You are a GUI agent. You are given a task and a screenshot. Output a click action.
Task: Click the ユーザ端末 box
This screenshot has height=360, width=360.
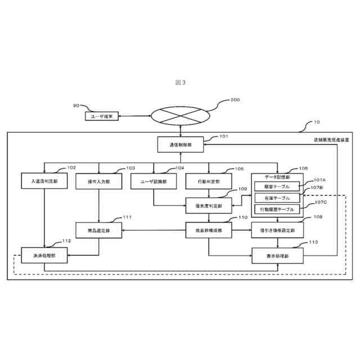[102, 116]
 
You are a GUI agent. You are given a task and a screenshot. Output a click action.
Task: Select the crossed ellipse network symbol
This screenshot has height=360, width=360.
[180, 116]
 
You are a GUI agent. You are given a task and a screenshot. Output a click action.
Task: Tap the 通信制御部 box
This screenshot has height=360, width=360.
[180, 145]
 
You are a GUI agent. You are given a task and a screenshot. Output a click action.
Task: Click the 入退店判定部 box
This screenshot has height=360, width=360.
[44, 181]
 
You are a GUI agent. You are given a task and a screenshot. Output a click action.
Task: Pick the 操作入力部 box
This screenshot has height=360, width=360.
[99, 181]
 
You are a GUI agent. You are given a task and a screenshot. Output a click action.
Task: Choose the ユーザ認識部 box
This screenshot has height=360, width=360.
[154, 181]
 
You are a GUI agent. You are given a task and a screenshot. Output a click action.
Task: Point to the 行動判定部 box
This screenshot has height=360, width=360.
[208, 181]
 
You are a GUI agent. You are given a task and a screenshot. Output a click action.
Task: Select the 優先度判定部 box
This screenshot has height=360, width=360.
[208, 206]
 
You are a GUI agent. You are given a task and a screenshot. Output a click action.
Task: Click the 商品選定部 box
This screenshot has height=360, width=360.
[99, 231]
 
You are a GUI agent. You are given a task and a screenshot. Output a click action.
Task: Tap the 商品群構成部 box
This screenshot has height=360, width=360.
[208, 231]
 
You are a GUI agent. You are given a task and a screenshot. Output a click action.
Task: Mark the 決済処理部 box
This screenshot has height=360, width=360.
[44, 255]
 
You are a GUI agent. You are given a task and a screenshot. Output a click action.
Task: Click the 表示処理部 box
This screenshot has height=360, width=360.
[277, 255]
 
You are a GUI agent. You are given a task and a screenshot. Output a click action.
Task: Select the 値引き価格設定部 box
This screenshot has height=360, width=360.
[277, 231]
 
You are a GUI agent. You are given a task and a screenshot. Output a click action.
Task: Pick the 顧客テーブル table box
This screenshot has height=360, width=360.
[277, 187]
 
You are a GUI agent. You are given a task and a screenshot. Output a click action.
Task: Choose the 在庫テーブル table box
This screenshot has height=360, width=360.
[277, 198]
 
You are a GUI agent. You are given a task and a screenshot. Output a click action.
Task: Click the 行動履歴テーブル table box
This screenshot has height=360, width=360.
[277, 209]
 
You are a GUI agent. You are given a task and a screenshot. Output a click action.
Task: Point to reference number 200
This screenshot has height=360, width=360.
[235, 100]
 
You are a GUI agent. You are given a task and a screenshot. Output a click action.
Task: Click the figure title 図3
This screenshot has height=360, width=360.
[180, 83]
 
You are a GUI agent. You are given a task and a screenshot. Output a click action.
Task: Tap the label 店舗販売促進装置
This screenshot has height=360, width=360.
[331, 139]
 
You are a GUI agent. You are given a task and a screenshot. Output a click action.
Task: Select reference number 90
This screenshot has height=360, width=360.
[76, 106]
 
